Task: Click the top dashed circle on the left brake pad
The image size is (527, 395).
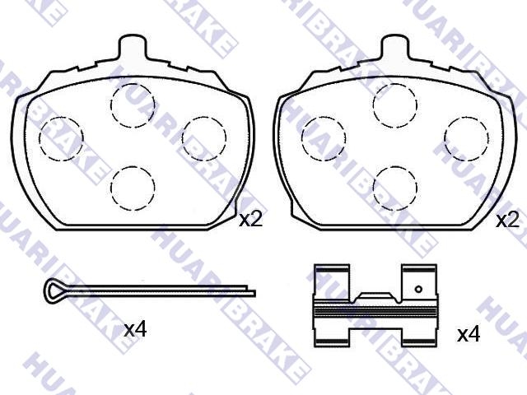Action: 133,84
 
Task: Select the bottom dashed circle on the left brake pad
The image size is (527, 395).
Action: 133,166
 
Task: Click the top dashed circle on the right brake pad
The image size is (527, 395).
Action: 395,84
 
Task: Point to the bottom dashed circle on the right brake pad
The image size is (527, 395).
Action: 395,166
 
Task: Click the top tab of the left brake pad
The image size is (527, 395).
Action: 133,47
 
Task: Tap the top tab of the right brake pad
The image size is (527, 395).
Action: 395,47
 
